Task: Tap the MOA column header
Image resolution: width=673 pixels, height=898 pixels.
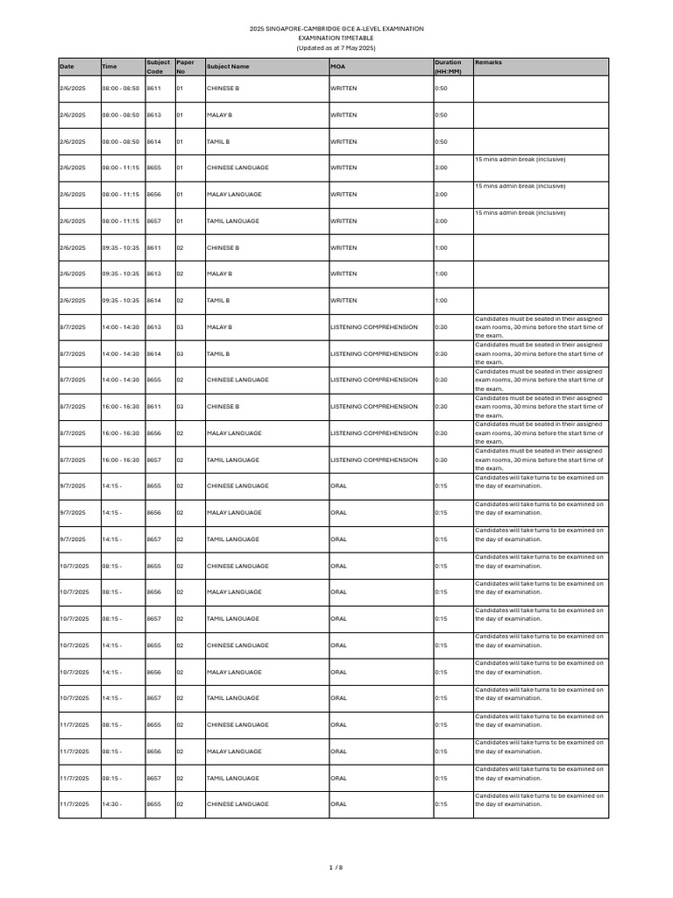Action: (338, 67)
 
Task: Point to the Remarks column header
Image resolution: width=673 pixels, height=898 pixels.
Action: (488, 63)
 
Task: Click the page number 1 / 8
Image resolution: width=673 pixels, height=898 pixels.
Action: (336, 867)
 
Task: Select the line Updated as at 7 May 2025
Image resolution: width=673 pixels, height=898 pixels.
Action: (336, 48)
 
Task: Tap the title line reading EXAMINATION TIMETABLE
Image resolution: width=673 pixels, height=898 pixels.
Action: (336, 39)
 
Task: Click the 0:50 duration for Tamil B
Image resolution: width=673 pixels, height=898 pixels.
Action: (441, 142)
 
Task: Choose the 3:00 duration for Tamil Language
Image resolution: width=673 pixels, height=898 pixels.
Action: (441, 221)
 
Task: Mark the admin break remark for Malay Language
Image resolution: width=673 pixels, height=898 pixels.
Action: (520, 186)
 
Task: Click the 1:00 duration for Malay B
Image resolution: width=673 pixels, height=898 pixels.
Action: (441, 274)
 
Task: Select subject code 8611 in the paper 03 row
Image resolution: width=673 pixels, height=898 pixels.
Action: (153, 407)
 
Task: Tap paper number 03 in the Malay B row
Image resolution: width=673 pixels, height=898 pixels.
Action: (180, 327)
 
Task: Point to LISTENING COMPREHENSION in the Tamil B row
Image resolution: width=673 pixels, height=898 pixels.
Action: (374, 353)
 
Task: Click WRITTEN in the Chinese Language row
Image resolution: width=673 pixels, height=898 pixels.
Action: (344, 167)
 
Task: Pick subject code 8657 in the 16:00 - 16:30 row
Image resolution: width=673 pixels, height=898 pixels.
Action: (153, 460)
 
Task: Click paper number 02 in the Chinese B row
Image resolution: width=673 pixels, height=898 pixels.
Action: (180, 248)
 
